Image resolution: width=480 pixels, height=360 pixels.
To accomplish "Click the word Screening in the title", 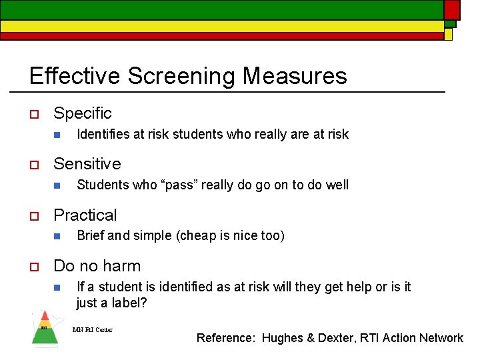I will click(181, 76).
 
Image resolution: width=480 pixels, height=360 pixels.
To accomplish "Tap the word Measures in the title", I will click(295, 76).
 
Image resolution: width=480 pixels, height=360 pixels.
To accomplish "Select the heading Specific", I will click(83, 113).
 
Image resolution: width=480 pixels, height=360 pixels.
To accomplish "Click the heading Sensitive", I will click(87, 164).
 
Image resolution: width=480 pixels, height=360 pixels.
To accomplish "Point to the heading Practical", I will click(85, 215).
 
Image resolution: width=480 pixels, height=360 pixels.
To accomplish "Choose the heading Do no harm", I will click(97, 266).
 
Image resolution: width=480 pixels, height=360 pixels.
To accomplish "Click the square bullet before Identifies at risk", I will click(57, 135).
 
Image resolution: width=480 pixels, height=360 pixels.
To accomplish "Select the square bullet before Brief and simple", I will click(57, 236).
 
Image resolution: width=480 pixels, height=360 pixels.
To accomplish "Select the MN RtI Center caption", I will click(92, 329).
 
